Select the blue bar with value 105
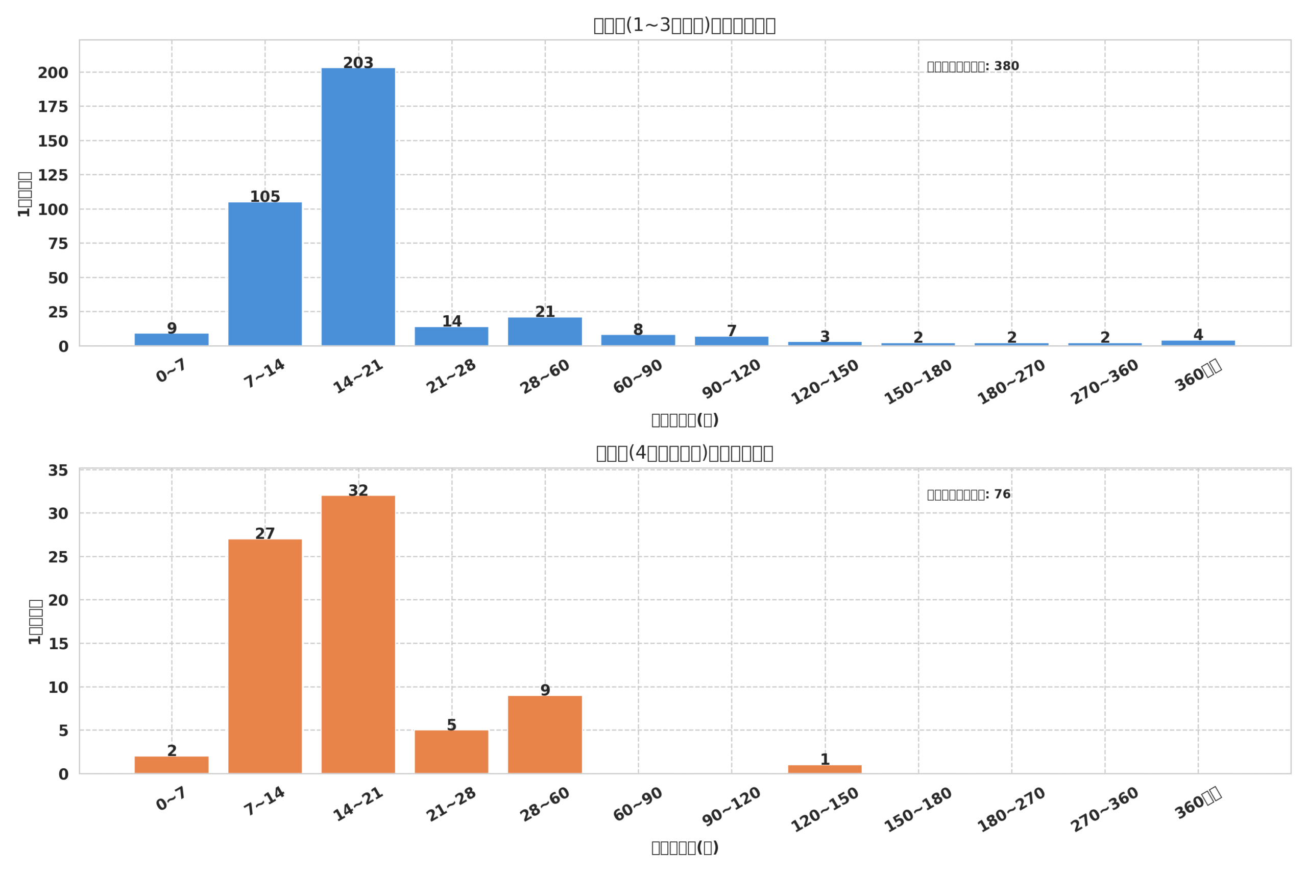coord(265,274)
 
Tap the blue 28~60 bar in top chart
coord(545,332)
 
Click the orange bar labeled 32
coord(358,634)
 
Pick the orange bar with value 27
coord(265,656)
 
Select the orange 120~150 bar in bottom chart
coord(825,769)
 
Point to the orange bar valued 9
coord(545,734)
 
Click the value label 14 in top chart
coord(452,321)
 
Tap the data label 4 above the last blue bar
coord(1198,335)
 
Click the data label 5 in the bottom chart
coord(452,725)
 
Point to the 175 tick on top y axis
coord(53,107)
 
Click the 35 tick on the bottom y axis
coord(58,471)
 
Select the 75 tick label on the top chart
coord(58,244)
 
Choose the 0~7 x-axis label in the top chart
coord(171,370)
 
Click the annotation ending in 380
coord(973,67)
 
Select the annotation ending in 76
coord(969,495)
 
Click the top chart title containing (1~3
coord(684,26)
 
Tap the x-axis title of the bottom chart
coord(685,847)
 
